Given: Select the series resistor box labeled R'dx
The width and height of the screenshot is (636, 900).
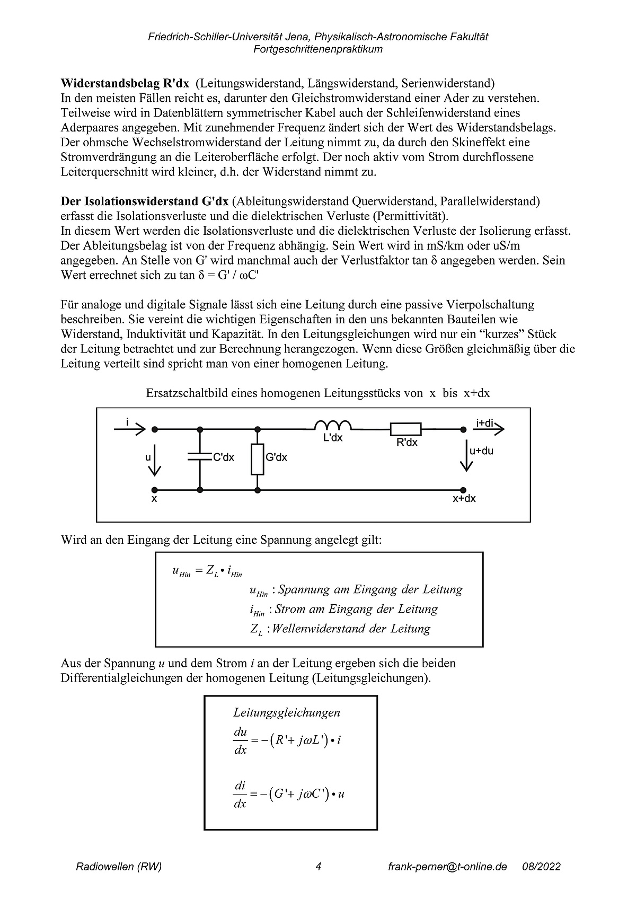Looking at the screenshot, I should point(405,429).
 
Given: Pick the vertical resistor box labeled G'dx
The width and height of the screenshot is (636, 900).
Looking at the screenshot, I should point(257,459).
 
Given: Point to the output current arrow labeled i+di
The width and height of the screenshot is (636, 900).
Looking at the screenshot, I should point(488,429).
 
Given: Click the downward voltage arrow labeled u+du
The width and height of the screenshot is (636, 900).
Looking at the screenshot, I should point(466,456).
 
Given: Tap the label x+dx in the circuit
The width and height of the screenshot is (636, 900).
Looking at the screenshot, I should point(464,499).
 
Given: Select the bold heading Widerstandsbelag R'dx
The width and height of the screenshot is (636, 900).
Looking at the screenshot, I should point(125,83).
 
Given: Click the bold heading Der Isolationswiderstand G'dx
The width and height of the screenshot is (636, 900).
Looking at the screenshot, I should point(145,201).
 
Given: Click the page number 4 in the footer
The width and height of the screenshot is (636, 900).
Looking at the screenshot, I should point(318,867).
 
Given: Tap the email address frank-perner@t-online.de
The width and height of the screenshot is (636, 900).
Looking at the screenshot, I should point(447,867).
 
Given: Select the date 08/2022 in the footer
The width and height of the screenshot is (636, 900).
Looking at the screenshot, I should point(541,867).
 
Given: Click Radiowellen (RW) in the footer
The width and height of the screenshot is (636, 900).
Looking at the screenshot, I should point(119,867).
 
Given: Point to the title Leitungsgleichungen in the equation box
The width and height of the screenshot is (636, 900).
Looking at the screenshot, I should point(287,713).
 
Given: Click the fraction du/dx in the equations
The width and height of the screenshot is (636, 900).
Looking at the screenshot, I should point(240,740).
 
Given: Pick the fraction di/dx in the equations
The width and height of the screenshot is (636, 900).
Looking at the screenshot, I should point(240,794).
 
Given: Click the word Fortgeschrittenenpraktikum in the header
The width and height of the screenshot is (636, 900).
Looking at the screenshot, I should point(318,49).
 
